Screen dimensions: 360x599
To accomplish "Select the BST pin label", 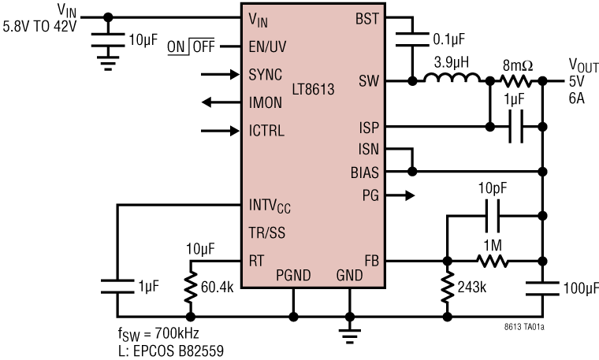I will pyautogui.click(x=367, y=17).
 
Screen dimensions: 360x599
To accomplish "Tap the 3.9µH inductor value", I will pyautogui.click(x=452, y=61).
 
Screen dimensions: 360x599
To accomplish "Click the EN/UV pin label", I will pyautogui.click(x=266, y=47).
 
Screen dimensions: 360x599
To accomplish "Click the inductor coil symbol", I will pyautogui.click(x=452, y=79).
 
